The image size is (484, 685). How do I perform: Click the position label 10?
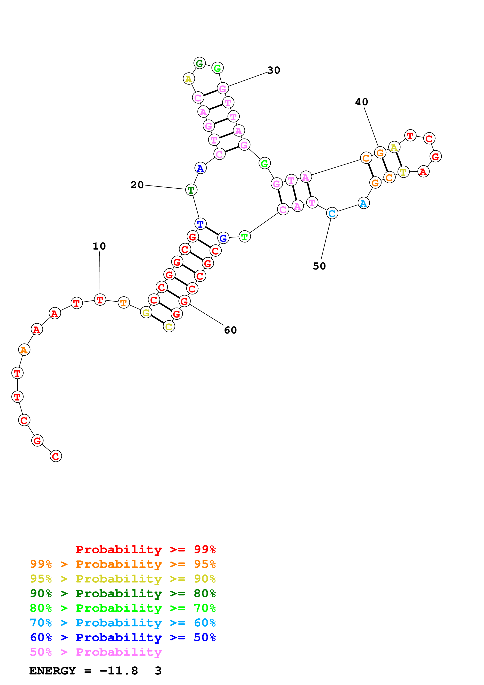coord(99,246)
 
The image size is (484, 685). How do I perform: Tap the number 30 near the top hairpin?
coord(274,70)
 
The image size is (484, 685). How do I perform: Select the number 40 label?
coord(361,102)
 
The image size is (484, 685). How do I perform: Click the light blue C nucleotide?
coord(332,213)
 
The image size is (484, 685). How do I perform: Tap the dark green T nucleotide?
coord(191,190)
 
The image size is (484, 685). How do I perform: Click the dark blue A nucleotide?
coord(200,168)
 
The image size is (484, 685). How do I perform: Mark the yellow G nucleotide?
coord(146,312)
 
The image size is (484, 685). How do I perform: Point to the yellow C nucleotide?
coord(169,327)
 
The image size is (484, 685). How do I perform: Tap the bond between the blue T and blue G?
coord(212,231)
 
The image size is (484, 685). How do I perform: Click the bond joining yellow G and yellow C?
coord(157,319)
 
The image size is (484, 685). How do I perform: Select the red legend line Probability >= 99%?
coord(145,549)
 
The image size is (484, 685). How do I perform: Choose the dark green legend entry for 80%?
coord(123,593)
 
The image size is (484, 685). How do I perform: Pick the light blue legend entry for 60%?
coord(123,623)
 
